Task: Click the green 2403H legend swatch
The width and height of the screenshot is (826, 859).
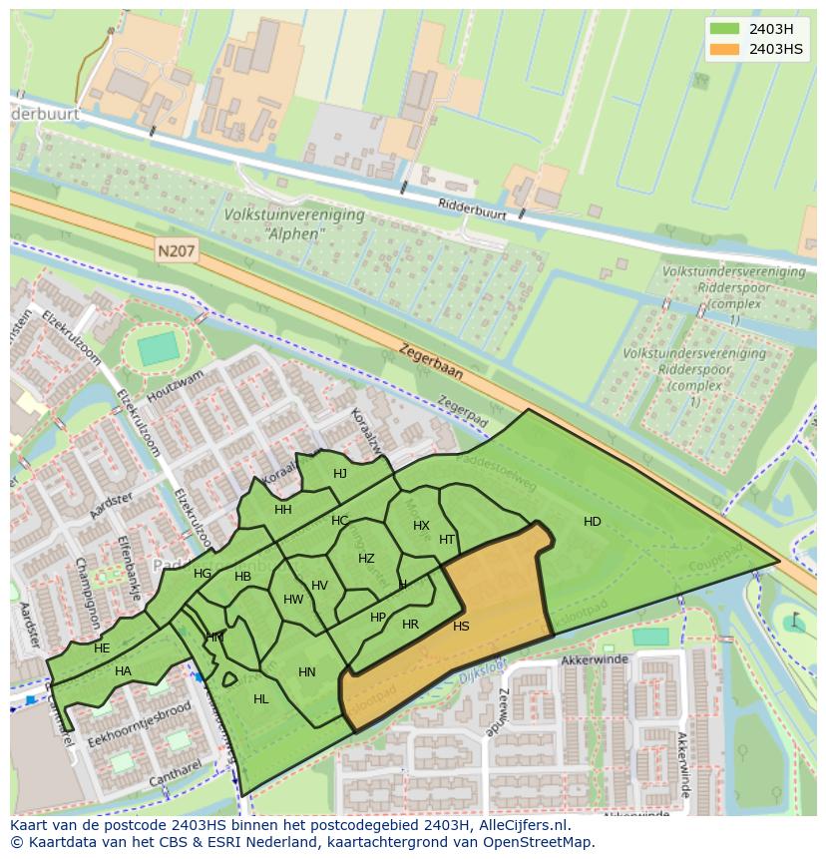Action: coord(724,28)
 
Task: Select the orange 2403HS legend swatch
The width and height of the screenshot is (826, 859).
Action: coord(724,49)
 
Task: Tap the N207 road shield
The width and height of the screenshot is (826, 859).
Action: coord(177,253)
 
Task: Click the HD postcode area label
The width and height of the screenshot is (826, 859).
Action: coord(592,522)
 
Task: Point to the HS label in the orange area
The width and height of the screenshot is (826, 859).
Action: coord(461,627)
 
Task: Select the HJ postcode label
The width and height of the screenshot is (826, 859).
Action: coord(340,474)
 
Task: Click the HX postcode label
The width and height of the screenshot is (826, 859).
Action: coord(421,526)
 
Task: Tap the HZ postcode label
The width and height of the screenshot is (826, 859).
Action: coord(366,559)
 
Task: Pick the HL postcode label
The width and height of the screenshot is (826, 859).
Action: coord(261,699)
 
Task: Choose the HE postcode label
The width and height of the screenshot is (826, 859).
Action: coord(102,648)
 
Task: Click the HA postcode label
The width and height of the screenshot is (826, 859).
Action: coord(123,671)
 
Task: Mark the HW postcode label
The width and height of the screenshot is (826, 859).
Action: coord(293,600)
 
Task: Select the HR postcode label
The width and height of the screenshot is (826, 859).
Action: coord(410,625)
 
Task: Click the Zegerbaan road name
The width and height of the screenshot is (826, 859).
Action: coord(432,361)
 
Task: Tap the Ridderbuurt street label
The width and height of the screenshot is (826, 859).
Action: coord(473,209)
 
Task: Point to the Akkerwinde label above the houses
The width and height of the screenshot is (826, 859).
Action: coord(591,660)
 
